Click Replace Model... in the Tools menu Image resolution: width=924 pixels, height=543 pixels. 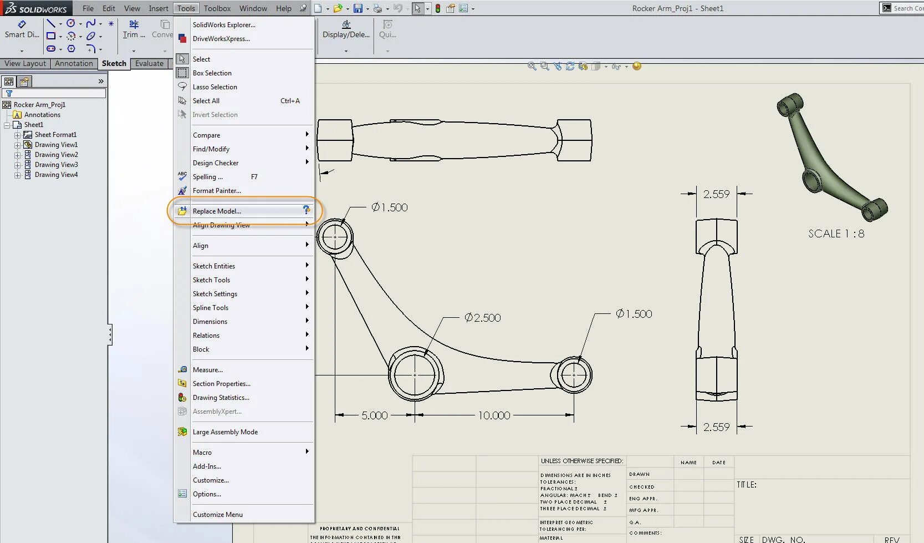point(217,211)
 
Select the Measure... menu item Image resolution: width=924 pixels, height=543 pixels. point(207,370)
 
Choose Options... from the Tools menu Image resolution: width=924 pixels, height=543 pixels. point(207,494)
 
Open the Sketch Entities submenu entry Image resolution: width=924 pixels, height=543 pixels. point(214,266)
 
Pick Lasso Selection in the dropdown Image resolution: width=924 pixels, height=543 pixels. point(215,87)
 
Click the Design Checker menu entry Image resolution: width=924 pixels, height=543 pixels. point(216,163)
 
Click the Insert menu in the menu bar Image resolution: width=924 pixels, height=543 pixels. point(159,8)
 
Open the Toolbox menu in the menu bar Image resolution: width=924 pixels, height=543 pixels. point(217,8)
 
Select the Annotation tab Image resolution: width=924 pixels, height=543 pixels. point(74,64)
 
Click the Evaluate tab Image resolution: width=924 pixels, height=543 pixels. point(149,64)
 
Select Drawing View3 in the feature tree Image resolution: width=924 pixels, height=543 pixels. point(56,165)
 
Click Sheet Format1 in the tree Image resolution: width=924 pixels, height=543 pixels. point(55,135)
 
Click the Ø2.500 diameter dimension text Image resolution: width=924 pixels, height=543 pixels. point(483,318)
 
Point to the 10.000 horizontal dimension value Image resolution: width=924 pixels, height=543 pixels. point(494,415)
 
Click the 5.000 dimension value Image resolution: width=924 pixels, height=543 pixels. point(375,415)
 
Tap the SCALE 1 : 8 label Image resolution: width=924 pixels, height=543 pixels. point(836,234)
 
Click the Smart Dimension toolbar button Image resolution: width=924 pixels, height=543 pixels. point(22,29)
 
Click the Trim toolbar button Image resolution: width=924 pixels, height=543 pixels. point(134,29)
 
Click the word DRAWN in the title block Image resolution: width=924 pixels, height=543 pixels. point(639,474)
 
